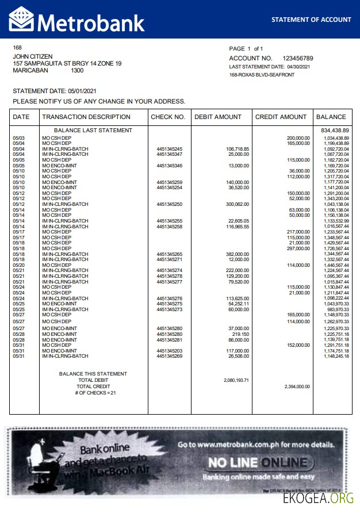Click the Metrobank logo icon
pyautogui.click(x=21, y=20)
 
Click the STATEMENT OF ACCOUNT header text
pyautogui.click(x=311, y=20)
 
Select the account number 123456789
pyautogui.click(x=298, y=59)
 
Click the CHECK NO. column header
pyautogui.click(x=168, y=117)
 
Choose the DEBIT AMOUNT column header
pyautogui.click(x=218, y=117)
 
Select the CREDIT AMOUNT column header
pyautogui.click(x=281, y=117)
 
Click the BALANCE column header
pyautogui.click(x=331, y=117)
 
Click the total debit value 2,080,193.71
pyautogui.click(x=236, y=380)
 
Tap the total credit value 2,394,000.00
pyautogui.click(x=297, y=386)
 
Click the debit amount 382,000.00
pyautogui.click(x=237, y=254)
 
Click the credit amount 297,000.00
pyautogui.click(x=298, y=248)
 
